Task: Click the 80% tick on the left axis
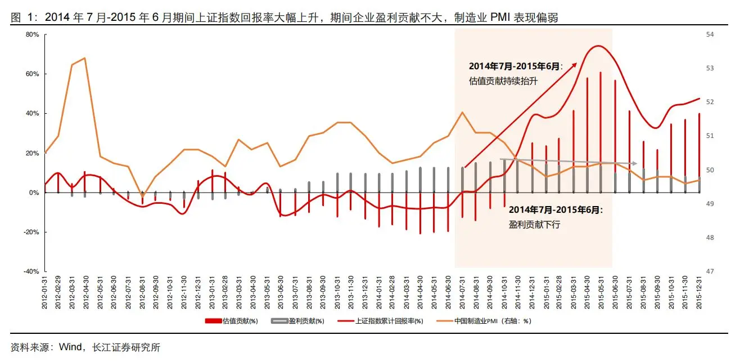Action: [31, 35]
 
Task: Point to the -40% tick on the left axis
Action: [30, 271]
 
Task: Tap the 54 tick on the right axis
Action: [710, 35]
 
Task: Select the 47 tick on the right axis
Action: [710, 271]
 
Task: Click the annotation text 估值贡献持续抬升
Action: [503, 81]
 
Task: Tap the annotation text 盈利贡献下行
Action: [534, 224]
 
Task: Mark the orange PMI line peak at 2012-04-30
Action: [84, 58]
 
